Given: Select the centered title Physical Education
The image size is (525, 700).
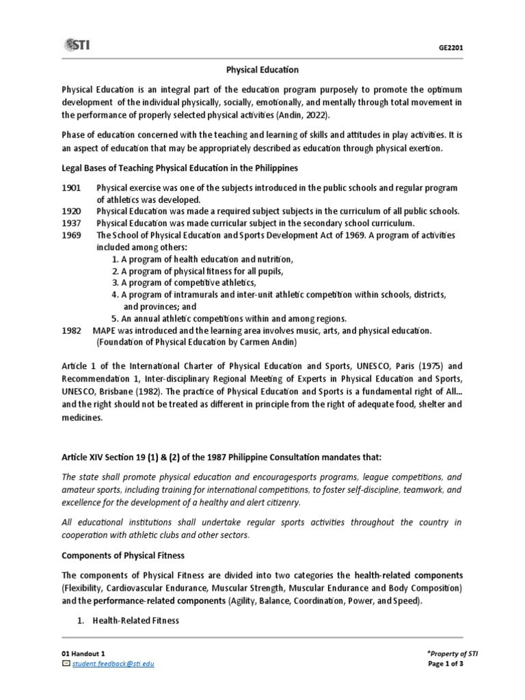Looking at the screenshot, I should tap(262, 69).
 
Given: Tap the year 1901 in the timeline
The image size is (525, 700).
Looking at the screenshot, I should tap(72, 188).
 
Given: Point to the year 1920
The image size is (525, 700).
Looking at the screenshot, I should tap(72, 211).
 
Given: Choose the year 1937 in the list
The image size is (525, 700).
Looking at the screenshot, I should tap(72, 224).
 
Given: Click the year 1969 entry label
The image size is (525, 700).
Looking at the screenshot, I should tap(72, 235).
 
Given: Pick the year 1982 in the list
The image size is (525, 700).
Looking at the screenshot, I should tap(72, 330).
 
